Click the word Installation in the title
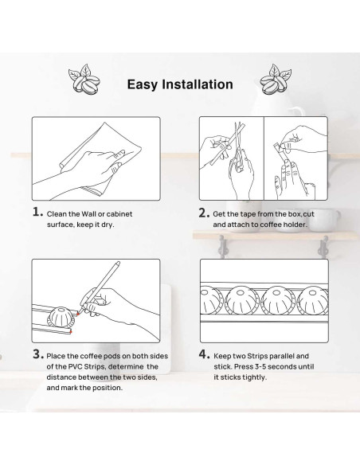198,84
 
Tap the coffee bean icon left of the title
84,80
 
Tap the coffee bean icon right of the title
276,80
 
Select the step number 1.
37,212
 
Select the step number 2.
204,213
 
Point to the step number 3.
38,354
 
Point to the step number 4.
205,354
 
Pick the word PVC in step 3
76,366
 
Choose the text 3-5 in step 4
261,366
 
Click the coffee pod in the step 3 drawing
60,318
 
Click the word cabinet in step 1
119,214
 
